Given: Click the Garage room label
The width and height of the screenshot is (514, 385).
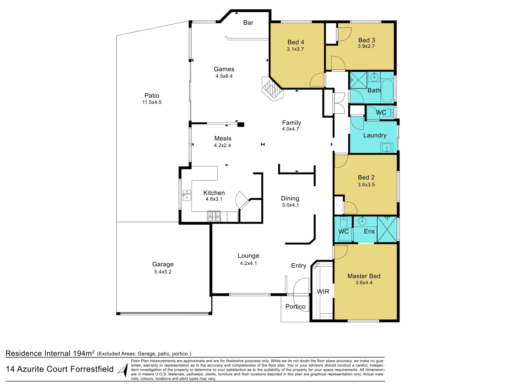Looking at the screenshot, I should pyautogui.click(x=163, y=264).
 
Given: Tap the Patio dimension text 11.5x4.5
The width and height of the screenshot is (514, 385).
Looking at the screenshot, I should pyautogui.click(x=152, y=102).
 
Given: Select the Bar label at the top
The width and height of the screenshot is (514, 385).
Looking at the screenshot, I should pyautogui.click(x=248, y=23).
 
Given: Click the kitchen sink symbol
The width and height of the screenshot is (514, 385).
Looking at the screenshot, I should pyautogui.click(x=187, y=195).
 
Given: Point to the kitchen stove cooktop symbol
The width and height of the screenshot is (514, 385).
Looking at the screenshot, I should pyautogui.click(x=214, y=216).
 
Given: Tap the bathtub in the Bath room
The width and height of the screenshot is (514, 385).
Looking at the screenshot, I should pyautogui.click(x=387, y=91).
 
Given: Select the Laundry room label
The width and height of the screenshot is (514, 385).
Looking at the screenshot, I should pyautogui.click(x=375, y=135).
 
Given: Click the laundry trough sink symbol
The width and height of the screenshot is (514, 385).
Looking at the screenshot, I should pyautogui.click(x=387, y=147).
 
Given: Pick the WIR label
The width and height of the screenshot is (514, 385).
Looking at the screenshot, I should pyautogui.click(x=323, y=292).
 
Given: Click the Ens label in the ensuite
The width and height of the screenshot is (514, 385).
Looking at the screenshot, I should pyautogui.click(x=369, y=231).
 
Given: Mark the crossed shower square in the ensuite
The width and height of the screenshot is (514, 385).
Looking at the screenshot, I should pyautogui.click(x=387, y=229).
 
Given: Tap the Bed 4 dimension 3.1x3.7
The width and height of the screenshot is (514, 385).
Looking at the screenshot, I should pyautogui.click(x=295, y=49).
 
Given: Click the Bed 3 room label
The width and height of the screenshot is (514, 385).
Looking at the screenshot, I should pyautogui.click(x=367, y=40).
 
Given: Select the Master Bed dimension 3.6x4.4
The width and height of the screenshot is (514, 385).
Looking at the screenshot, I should pyautogui.click(x=364, y=283).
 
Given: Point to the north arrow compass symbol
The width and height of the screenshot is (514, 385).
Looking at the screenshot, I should pyautogui.click(x=123, y=370).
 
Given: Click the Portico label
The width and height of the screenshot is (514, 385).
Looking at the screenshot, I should pyautogui.click(x=295, y=307).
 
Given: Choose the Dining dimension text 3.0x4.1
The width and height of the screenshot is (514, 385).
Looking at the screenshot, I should pyautogui.click(x=290, y=205).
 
